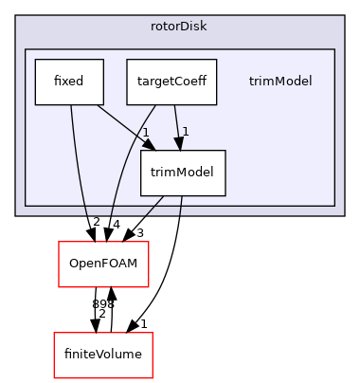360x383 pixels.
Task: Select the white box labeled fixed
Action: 68,82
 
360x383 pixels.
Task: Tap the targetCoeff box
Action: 171,82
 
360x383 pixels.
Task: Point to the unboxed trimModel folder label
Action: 287,82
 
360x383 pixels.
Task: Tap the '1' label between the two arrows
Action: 146,132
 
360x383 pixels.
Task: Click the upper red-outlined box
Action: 103,264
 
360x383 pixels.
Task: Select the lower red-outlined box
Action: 103,355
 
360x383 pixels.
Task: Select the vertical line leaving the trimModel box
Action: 181,206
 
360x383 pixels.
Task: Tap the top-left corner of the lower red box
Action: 54,333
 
